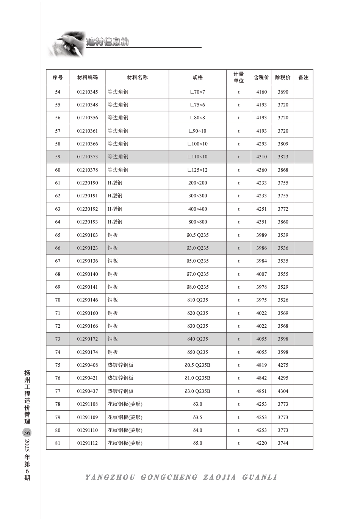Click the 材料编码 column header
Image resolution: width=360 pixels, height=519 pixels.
[87, 77]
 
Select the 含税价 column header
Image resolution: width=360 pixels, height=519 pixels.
[261, 77]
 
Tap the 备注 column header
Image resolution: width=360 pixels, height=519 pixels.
[303, 77]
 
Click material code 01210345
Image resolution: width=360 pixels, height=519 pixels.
[87, 92]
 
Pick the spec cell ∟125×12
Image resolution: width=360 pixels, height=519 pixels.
[197, 170]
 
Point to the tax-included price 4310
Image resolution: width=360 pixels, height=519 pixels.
[261, 156]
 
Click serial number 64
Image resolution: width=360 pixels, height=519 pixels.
[58, 222]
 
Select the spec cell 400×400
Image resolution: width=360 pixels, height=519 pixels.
[197, 209]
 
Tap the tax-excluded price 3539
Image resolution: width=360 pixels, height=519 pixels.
[283, 235]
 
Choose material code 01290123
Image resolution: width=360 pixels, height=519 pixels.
[87, 248]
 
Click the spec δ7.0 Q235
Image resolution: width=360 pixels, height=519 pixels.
[197, 274]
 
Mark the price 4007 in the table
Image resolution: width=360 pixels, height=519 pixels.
[261, 274]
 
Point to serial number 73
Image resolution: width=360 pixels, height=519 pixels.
[58, 339]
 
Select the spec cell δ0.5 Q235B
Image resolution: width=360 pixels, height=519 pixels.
[197, 365]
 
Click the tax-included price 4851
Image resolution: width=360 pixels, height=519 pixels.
[261, 391]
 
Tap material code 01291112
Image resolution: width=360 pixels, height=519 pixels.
[87, 443]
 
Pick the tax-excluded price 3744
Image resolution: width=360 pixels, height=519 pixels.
[283, 443]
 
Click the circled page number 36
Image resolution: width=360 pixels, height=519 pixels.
[27, 433]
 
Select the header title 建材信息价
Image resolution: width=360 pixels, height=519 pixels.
[108, 42]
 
